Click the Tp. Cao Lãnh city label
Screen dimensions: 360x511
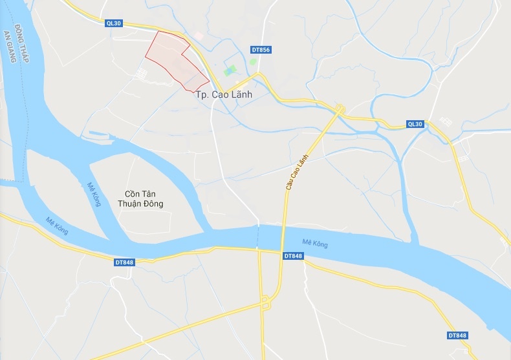pyautogui.click(x=223, y=94)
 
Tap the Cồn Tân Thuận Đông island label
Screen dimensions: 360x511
pyautogui.click(x=145, y=199)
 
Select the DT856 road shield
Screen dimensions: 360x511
pyautogui.click(x=260, y=50)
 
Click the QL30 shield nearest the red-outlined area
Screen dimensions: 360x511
pyautogui.click(x=114, y=23)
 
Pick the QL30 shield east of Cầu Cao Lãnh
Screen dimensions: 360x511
pyautogui.click(x=415, y=124)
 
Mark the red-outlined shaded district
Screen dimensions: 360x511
pyautogui.click(x=175, y=59)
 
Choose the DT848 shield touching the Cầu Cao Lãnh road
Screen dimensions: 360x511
pyautogui.click(x=293, y=256)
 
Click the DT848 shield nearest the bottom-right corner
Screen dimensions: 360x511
pyautogui.click(x=457, y=335)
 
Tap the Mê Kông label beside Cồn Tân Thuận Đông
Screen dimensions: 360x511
pyautogui.click(x=94, y=194)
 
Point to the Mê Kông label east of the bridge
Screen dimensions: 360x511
pyautogui.click(x=315, y=244)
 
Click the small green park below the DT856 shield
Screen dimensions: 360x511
pyautogui.click(x=253, y=62)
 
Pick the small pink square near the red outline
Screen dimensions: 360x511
pyautogui.click(x=199, y=36)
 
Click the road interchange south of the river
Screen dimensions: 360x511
pyautogui.click(x=265, y=302)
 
